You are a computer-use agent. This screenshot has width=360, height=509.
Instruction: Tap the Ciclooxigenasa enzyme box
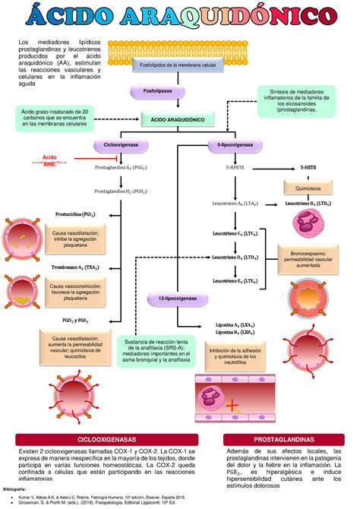click(x=119, y=144)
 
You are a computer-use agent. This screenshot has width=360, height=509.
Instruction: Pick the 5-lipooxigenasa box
click(x=235, y=144)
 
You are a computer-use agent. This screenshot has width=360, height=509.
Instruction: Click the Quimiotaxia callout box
click(x=308, y=187)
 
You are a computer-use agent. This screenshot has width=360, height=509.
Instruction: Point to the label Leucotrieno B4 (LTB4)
click(x=308, y=204)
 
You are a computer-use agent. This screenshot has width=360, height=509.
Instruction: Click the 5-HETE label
click(x=308, y=166)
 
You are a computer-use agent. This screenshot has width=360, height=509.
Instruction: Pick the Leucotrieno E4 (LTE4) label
click(x=240, y=281)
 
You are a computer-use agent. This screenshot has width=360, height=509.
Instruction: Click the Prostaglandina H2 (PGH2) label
click(x=121, y=192)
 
